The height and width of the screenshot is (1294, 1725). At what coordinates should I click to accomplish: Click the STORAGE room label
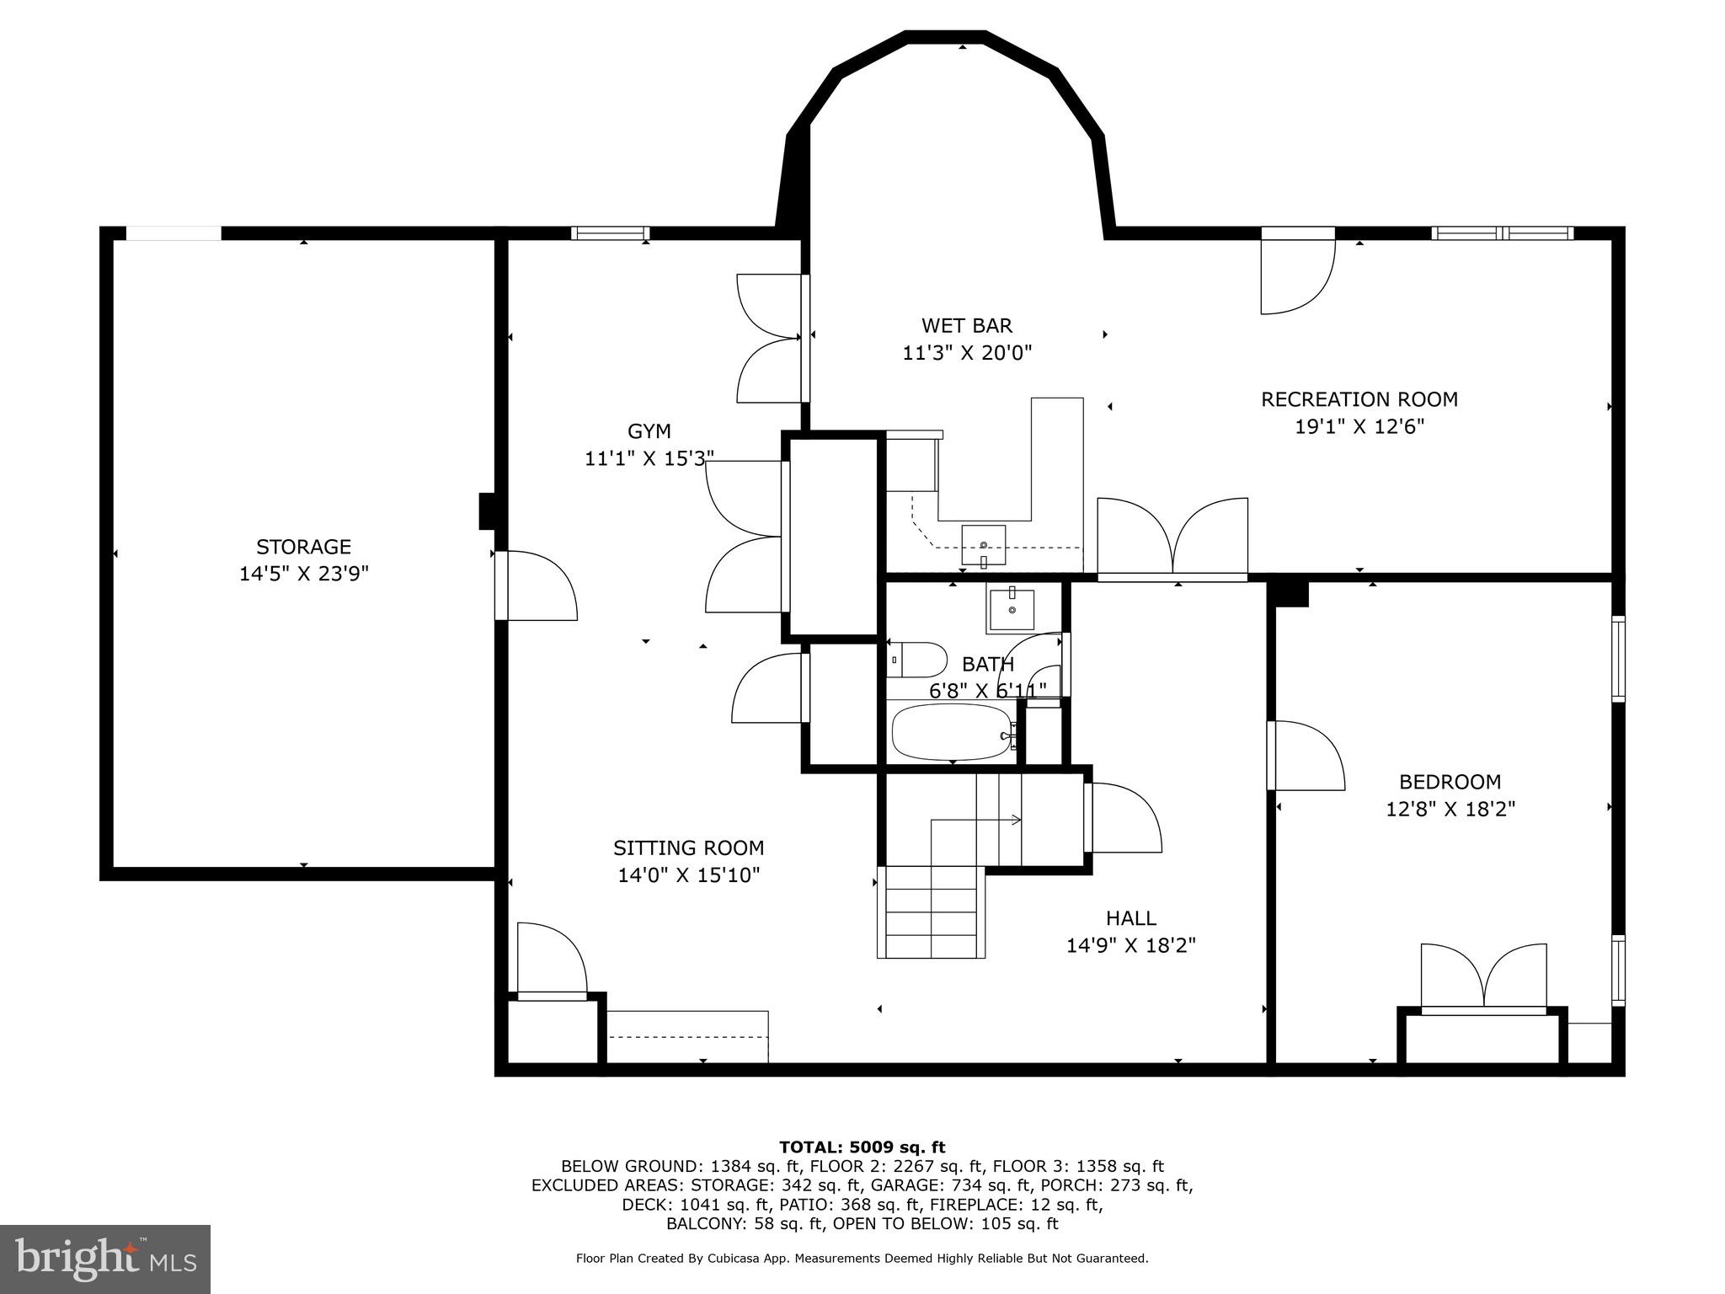tap(303, 546)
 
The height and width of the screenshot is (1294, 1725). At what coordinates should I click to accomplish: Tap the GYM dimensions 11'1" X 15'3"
tap(649, 458)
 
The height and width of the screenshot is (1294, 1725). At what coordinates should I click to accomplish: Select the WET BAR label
tap(966, 325)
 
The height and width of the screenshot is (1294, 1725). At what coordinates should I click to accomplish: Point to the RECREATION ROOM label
tap(1359, 398)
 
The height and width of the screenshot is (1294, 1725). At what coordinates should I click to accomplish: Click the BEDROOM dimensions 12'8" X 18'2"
tap(1450, 809)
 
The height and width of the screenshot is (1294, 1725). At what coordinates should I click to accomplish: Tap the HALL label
tap(1130, 917)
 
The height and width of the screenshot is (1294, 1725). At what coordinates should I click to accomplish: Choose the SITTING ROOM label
tap(688, 848)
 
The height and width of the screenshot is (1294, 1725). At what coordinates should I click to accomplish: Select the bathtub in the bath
tap(951, 731)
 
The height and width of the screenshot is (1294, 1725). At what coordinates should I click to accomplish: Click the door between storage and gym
tap(537, 586)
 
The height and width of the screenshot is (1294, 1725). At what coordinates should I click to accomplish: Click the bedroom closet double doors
tap(1483, 977)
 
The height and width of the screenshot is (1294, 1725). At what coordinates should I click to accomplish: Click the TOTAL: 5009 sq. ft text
tap(862, 1147)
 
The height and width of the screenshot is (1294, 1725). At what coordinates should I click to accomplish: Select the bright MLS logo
tap(105, 1259)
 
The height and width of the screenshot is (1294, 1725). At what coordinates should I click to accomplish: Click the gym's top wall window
tap(610, 233)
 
